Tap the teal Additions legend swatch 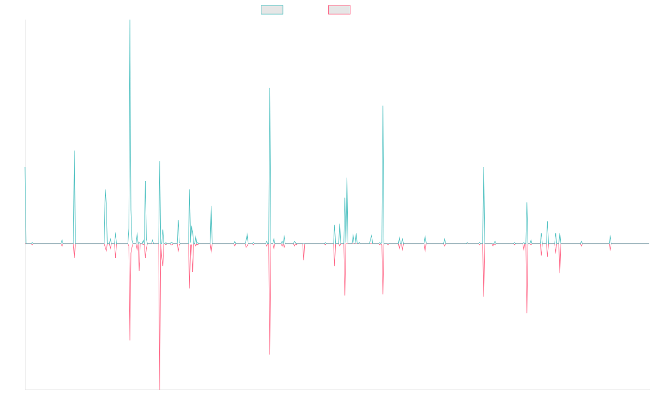(272, 10)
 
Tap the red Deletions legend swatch (339, 10)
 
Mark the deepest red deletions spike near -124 (160, 388)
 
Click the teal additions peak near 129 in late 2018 (270, 88)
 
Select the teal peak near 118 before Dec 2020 (383, 106)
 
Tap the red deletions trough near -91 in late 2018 (270, 354)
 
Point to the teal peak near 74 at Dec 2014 (74, 151)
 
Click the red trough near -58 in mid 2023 (527, 312)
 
